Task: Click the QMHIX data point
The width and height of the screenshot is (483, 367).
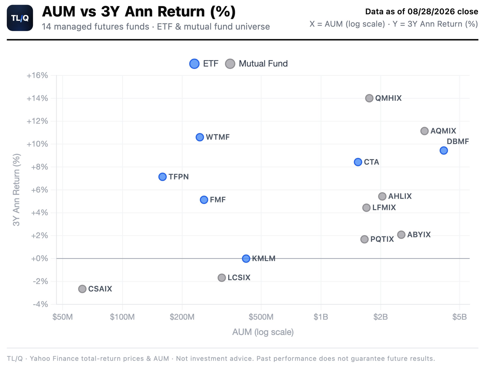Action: click(369, 98)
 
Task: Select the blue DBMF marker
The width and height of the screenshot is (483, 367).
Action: click(443, 150)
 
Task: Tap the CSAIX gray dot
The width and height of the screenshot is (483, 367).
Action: click(82, 289)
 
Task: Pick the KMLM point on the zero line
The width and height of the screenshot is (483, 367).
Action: click(246, 258)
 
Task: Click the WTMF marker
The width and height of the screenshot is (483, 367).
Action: click(200, 137)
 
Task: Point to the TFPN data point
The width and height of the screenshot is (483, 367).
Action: click(162, 177)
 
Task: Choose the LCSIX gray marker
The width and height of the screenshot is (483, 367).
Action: click(222, 277)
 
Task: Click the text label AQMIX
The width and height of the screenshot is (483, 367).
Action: click(443, 131)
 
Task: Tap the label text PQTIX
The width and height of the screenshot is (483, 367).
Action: click(382, 239)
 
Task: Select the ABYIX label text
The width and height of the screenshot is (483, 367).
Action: click(419, 235)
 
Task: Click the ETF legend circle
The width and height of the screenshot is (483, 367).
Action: click(194, 64)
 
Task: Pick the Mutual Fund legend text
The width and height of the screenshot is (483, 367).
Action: click(263, 64)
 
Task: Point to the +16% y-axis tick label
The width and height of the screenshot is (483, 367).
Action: click(37, 75)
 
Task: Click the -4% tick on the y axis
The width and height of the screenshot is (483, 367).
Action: click(40, 304)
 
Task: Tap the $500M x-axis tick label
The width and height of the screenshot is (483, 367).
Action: click(261, 317)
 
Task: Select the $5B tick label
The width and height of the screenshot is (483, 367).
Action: click(459, 317)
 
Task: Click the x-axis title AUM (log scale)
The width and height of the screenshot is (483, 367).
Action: click(263, 332)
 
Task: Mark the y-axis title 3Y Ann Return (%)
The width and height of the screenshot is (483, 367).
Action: click(16, 190)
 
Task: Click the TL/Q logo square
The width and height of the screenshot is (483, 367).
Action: click(20, 18)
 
